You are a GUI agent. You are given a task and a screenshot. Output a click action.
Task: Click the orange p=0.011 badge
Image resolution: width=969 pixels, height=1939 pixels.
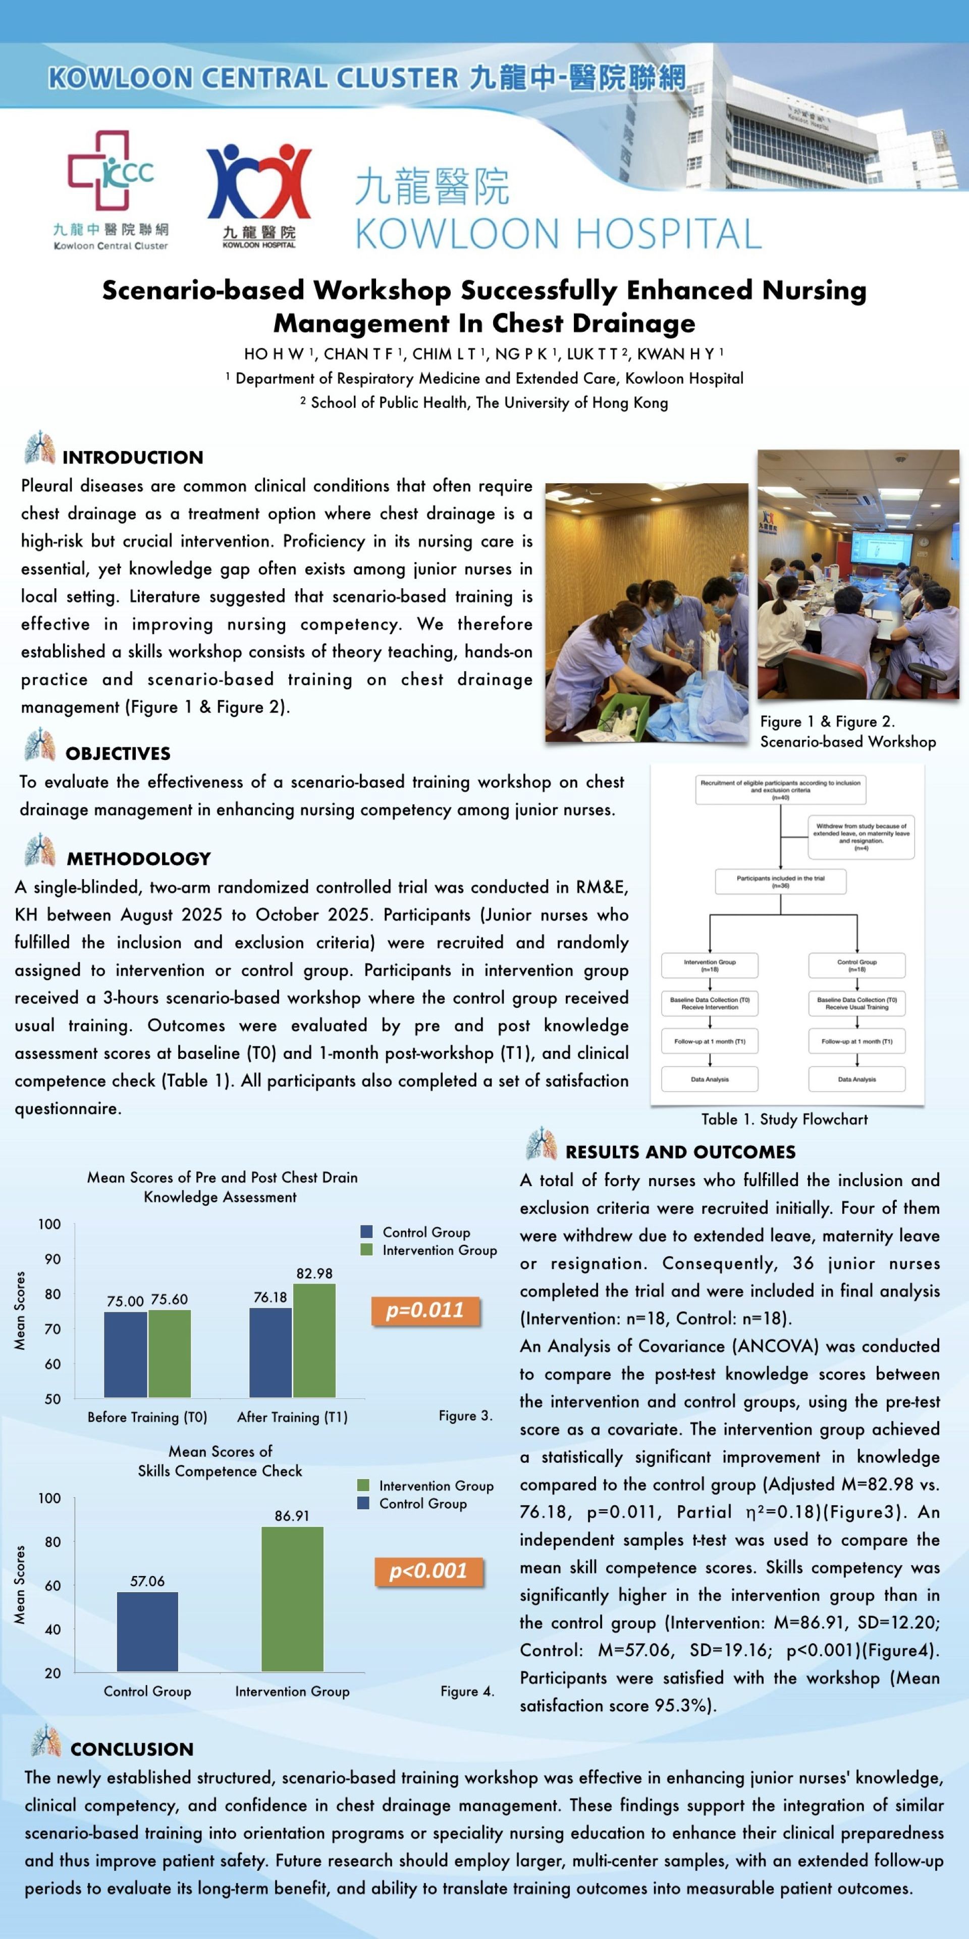[x=425, y=1310]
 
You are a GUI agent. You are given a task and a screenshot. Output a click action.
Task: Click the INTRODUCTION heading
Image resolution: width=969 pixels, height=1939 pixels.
[x=132, y=457]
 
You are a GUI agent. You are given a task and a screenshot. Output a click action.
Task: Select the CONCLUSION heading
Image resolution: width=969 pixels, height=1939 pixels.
[x=132, y=1749]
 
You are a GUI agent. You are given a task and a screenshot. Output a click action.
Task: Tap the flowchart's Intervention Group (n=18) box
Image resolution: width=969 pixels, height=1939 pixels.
[x=710, y=965]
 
